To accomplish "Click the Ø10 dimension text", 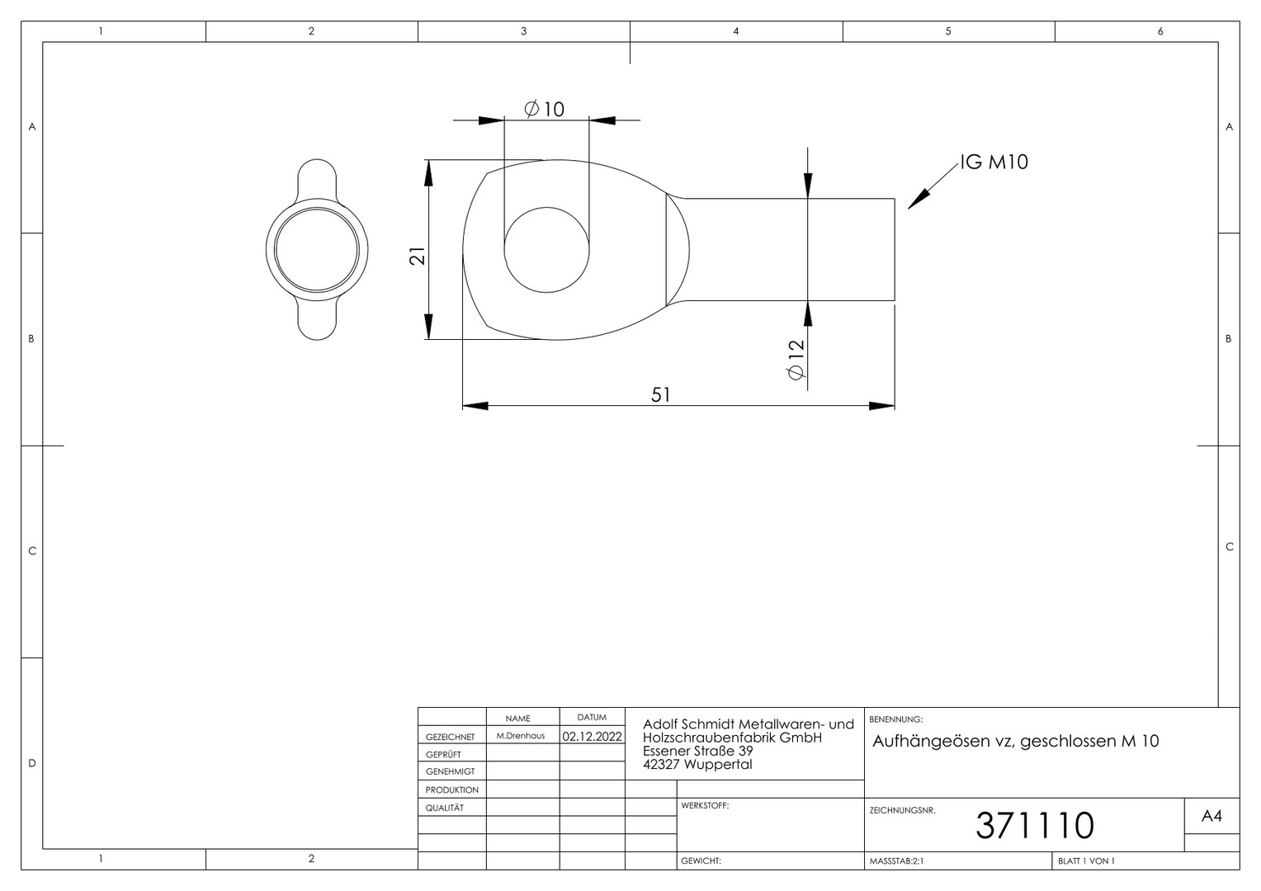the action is coord(544,109).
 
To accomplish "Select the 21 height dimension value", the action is coord(417,256).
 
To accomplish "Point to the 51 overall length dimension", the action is coord(660,394).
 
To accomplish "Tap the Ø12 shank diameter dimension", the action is coord(796,360).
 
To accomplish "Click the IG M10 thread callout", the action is coord(994,162).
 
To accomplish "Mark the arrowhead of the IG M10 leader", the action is coord(912,205).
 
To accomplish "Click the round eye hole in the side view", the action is coord(546,250).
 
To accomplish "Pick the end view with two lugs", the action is coord(317,249).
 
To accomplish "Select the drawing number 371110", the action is coord(1035,826).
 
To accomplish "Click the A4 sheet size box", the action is coord(1211,816).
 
